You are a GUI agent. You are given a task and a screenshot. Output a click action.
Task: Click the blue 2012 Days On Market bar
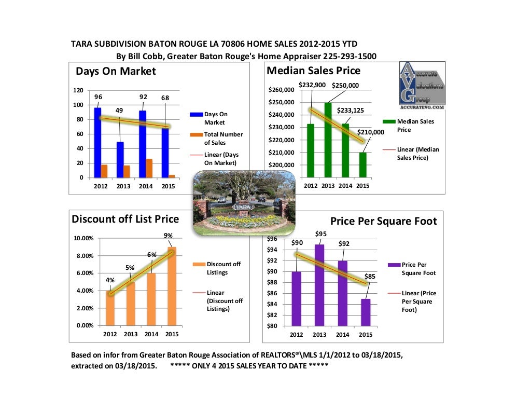97,142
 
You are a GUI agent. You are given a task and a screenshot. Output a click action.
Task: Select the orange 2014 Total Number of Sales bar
149,168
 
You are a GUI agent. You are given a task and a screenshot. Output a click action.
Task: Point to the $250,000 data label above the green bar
345,86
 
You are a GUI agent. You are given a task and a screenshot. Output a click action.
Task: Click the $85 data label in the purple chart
370,277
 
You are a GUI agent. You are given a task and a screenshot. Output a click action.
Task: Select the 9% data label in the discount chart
168,236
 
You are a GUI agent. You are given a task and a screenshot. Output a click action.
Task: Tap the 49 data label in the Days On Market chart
119,110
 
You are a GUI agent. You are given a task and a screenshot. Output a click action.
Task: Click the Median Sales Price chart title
313,71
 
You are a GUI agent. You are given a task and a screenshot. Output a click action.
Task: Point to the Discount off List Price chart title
125,219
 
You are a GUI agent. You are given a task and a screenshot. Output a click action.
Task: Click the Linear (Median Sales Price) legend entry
418,153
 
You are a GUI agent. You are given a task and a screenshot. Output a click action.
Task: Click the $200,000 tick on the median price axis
281,165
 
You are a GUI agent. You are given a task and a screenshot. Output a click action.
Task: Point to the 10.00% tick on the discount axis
83,239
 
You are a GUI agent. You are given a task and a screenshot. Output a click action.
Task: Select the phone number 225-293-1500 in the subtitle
349,56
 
